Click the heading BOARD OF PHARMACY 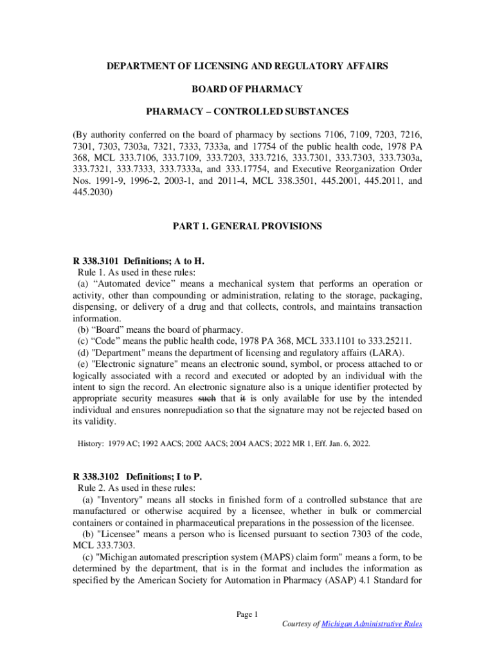coord(247,89)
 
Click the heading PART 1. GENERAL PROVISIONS coord(247,226)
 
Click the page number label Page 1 coord(247,615)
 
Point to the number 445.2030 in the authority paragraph coord(92,193)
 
